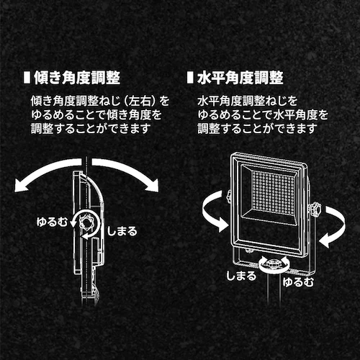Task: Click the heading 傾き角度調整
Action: pos(77,78)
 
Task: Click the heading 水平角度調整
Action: pos(240,78)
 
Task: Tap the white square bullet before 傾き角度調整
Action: pos(27,77)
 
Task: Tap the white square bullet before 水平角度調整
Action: pos(190,77)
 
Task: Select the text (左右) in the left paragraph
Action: pos(140,101)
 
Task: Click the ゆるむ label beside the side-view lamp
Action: pos(52,222)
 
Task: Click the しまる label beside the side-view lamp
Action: pos(122,231)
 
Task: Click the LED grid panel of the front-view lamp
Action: pos(274,192)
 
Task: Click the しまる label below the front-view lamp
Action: pos(241,276)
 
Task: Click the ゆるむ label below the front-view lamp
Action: pos(298,282)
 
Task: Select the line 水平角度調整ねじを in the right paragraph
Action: pos(248,101)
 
